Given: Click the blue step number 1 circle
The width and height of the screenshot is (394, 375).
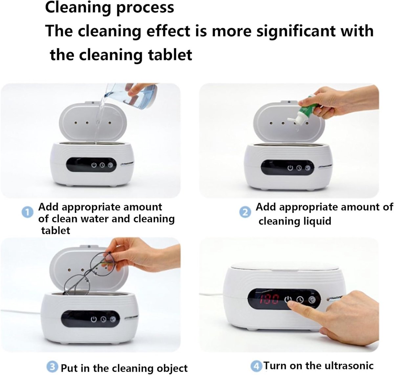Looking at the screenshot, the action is click(x=28, y=212).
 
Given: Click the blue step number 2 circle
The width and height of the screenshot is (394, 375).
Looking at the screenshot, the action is click(x=245, y=212).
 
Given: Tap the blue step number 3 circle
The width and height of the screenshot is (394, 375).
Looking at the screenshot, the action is click(x=53, y=367).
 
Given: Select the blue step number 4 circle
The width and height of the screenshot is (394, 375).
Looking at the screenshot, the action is click(x=256, y=366).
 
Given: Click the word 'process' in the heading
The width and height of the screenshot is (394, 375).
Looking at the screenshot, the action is click(x=145, y=8).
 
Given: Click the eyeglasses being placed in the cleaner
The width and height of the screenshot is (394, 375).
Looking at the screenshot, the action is click(x=88, y=273).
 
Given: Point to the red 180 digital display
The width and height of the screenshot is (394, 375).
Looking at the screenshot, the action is click(x=269, y=299).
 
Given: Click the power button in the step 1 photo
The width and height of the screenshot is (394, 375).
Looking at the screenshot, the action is click(x=94, y=165).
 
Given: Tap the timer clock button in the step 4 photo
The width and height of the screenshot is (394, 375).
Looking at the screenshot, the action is click(x=300, y=299).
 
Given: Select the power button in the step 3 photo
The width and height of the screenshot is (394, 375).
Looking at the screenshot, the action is click(x=94, y=319).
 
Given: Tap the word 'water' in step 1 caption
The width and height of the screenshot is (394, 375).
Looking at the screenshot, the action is click(x=94, y=219).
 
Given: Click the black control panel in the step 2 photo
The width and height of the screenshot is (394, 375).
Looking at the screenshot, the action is click(x=287, y=167).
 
